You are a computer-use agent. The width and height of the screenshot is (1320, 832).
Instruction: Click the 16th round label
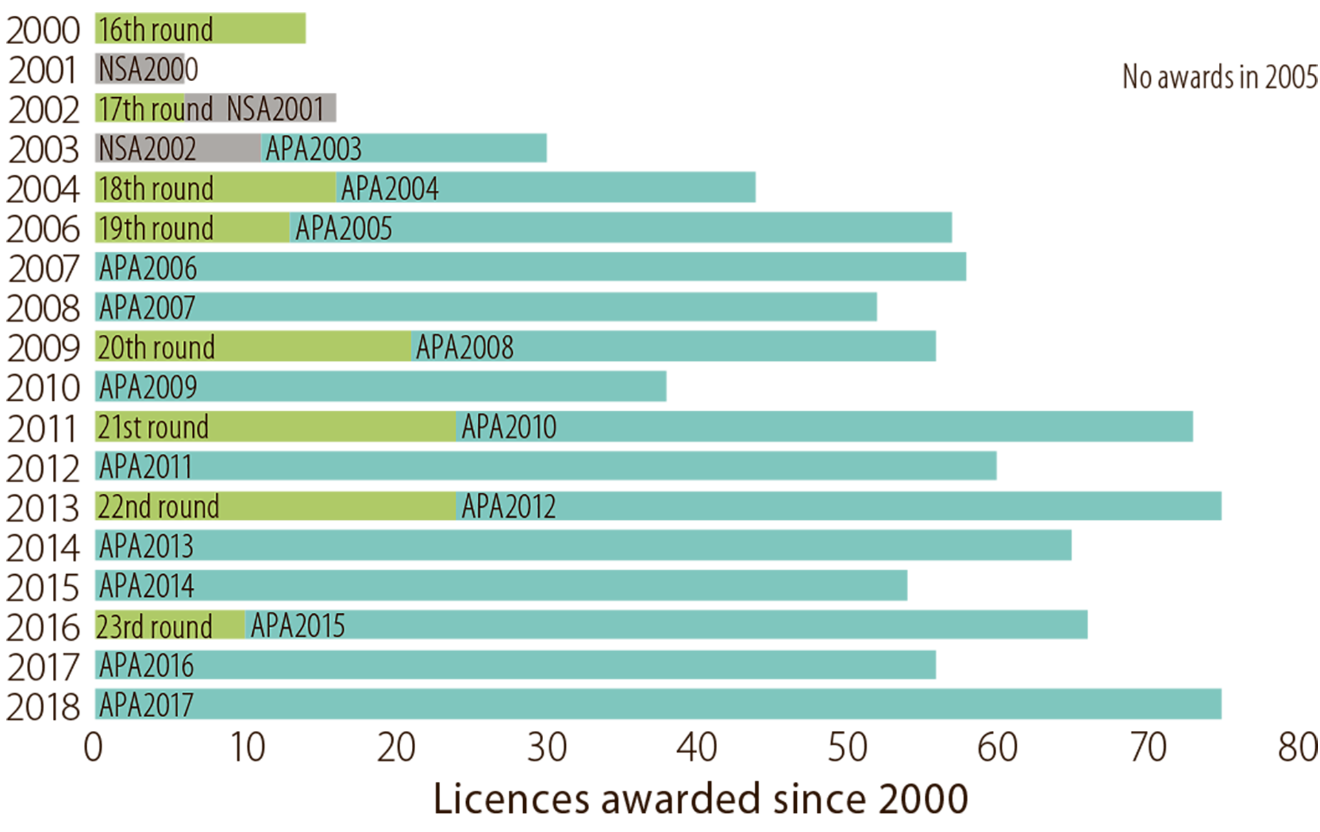click(155, 30)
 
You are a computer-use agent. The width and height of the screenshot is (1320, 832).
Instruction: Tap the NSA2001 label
click(275, 109)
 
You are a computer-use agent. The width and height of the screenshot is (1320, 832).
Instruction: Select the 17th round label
click(155, 109)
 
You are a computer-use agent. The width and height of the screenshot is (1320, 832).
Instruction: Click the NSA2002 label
click(147, 149)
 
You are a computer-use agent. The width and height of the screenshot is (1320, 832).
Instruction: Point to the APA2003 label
click(313, 149)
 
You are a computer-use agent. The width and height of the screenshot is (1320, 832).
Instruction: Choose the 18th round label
click(155, 189)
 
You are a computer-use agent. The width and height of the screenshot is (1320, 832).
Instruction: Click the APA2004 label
click(389, 189)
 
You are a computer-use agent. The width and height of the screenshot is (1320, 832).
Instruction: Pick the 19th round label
click(155, 229)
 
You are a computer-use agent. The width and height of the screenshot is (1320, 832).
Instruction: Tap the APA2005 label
click(343, 229)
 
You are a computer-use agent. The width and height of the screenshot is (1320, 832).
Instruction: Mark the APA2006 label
click(148, 268)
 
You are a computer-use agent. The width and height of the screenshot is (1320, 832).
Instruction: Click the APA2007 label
click(147, 308)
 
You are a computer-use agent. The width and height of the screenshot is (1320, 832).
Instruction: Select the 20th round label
click(156, 348)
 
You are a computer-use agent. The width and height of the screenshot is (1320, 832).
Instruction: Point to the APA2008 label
click(464, 348)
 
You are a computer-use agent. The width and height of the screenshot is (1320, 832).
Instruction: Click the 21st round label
click(153, 428)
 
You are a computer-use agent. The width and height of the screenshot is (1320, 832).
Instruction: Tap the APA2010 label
click(509, 428)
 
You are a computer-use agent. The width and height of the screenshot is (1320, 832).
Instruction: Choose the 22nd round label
click(158, 507)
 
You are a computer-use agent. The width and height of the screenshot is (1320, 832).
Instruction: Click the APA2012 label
click(508, 507)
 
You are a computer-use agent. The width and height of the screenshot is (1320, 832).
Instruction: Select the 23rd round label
click(154, 627)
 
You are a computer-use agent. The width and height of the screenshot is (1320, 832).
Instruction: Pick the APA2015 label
click(298, 626)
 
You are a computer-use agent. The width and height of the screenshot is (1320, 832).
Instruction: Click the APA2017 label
click(146, 705)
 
